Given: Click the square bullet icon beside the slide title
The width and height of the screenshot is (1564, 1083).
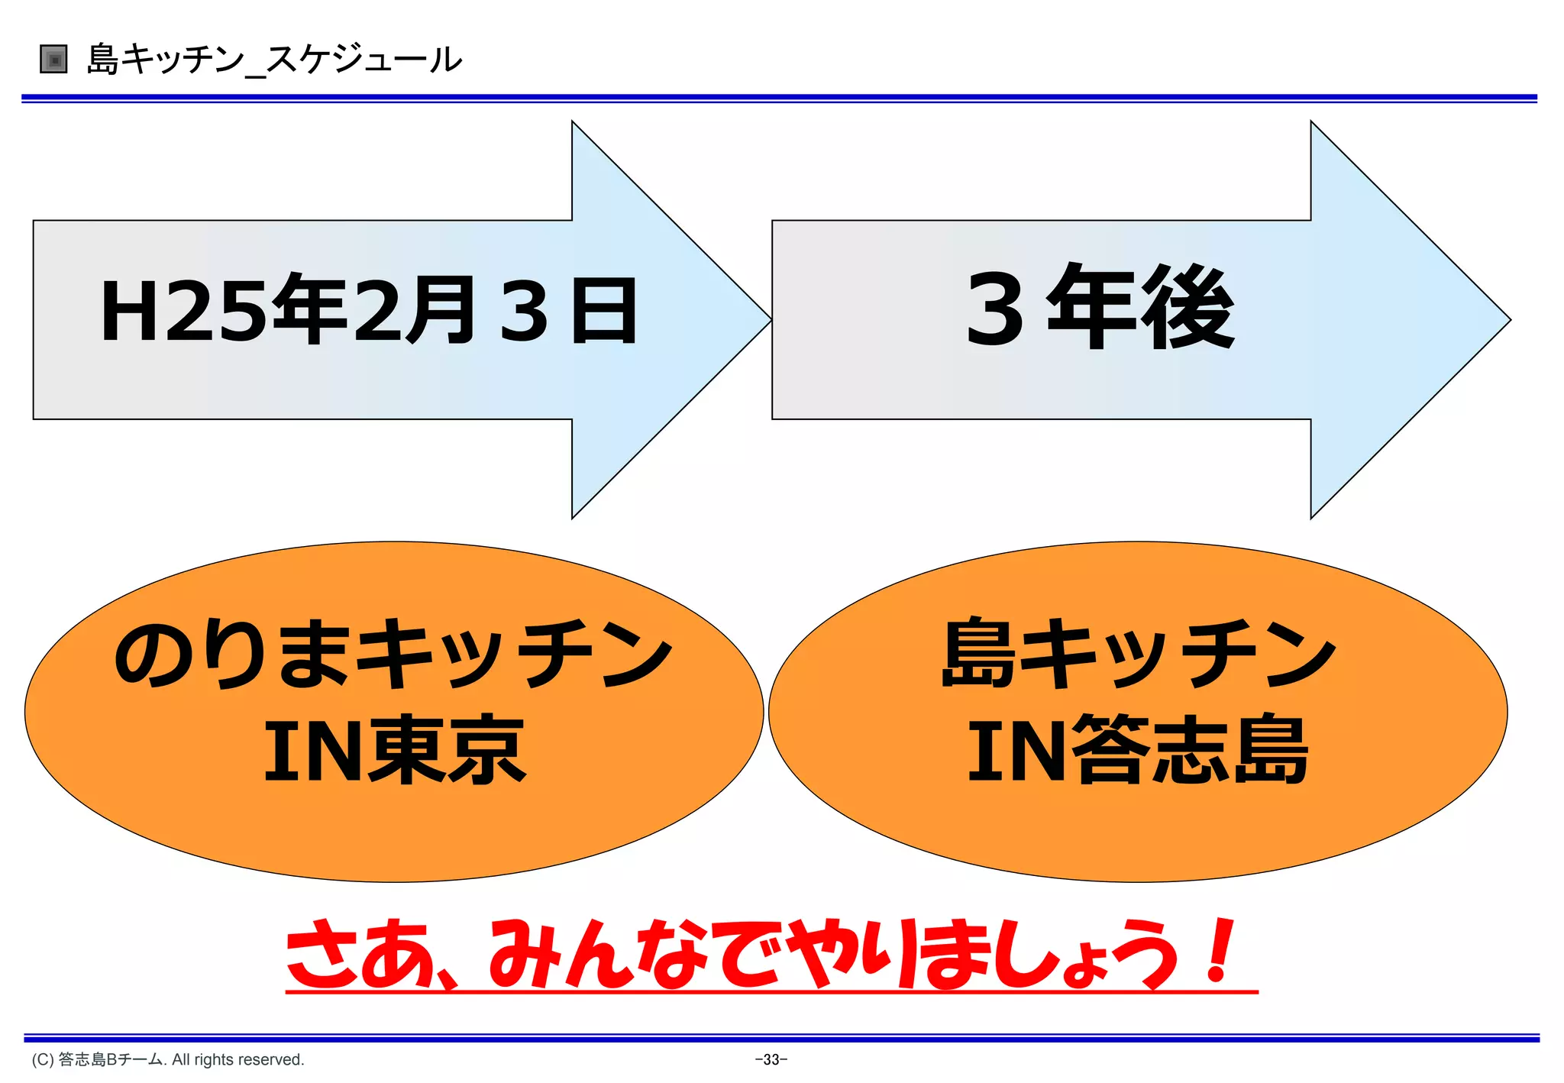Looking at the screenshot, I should [x=53, y=59].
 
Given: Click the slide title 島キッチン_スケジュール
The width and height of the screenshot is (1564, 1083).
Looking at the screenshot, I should [x=274, y=59].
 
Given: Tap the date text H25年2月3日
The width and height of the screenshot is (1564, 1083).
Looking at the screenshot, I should [x=369, y=311].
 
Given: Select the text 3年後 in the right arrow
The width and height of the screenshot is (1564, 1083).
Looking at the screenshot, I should [x=1100, y=307].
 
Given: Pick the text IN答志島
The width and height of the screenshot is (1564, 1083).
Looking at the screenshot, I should [x=1138, y=750].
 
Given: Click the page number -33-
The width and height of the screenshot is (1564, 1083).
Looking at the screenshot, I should [x=771, y=1059].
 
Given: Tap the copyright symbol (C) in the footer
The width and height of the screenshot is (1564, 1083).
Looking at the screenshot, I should [x=43, y=1060].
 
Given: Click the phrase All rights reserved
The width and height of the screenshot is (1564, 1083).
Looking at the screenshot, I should [x=238, y=1060].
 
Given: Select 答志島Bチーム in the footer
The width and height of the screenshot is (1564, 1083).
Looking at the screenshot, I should [x=111, y=1060].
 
